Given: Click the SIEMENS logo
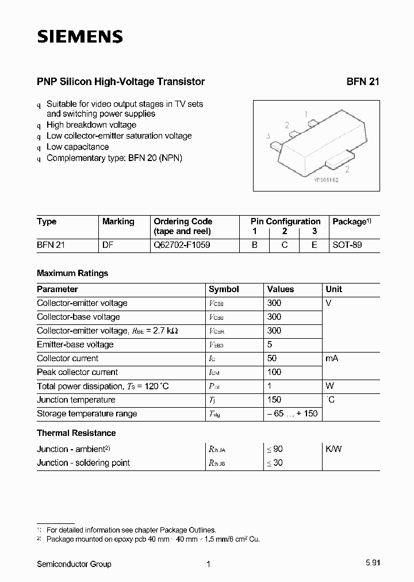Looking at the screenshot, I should point(80,37).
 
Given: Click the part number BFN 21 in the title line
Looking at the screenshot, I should point(363,82).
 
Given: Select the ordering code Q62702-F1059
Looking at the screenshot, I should point(182,245).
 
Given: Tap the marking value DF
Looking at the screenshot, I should point(108,245).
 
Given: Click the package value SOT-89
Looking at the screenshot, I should point(347,245).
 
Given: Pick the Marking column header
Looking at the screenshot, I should point(118,221).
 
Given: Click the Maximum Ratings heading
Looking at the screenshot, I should point(72,273).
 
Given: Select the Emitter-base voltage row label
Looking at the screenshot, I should point(75,344).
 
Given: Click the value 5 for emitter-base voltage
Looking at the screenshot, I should point(270,344).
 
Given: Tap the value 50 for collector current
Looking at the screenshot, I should point(272,358).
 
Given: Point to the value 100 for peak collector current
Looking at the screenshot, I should point(274,372).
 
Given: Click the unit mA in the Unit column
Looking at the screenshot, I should point(332,358).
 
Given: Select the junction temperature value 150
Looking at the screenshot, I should point(274,400).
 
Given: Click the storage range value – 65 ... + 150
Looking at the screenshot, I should point(292,413).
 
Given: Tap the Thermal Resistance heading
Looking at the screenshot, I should point(76,433).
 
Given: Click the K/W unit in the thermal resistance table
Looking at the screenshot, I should point(333,449).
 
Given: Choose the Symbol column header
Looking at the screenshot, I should point(224,289).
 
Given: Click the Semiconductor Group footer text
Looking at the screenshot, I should point(74,564).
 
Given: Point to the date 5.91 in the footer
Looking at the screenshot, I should point(371,564).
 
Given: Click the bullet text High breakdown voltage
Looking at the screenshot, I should point(91,125).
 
